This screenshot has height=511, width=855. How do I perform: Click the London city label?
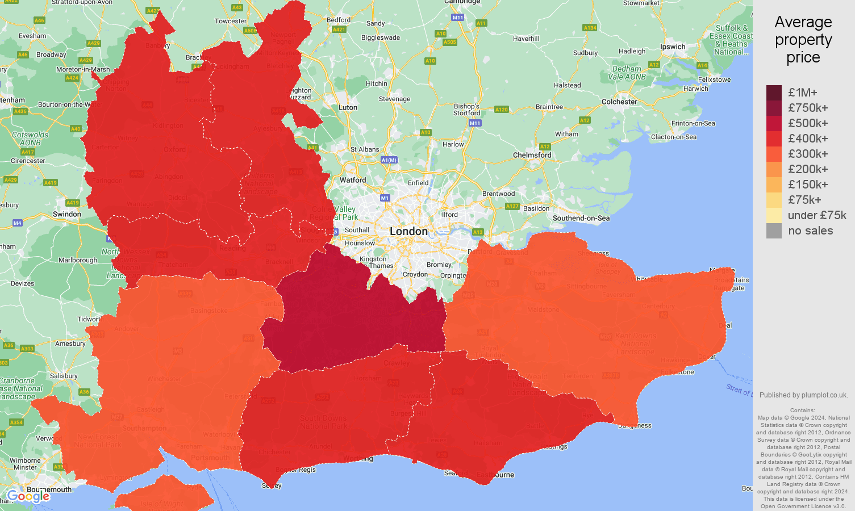(408, 231)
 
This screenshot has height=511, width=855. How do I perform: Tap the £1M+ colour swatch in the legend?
(774, 93)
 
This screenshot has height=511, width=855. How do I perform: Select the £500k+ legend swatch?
(774, 123)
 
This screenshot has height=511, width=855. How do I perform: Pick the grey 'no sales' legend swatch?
(774, 231)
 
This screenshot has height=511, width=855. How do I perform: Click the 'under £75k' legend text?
(817, 215)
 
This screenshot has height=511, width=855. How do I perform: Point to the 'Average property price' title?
(803, 40)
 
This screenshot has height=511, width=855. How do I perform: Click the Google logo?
(28, 496)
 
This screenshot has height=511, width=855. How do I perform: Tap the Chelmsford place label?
(532, 155)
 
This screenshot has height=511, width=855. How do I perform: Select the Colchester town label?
(619, 102)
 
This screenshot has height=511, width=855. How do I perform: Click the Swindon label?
(66, 214)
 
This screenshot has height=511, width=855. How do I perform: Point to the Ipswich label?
(673, 47)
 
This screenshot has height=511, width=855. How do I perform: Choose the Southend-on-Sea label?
(581, 218)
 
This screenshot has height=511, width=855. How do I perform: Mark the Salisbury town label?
(64, 376)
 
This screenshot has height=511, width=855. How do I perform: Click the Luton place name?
(348, 107)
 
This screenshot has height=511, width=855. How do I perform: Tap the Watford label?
(353, 180)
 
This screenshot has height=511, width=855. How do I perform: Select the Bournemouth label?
(49, 489)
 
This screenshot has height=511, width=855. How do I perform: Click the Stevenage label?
(394, 99)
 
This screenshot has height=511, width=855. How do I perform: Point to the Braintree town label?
(549, 107)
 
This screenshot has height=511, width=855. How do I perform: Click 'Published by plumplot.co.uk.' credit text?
(803, 395)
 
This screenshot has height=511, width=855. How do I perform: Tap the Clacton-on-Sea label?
(674, 137)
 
